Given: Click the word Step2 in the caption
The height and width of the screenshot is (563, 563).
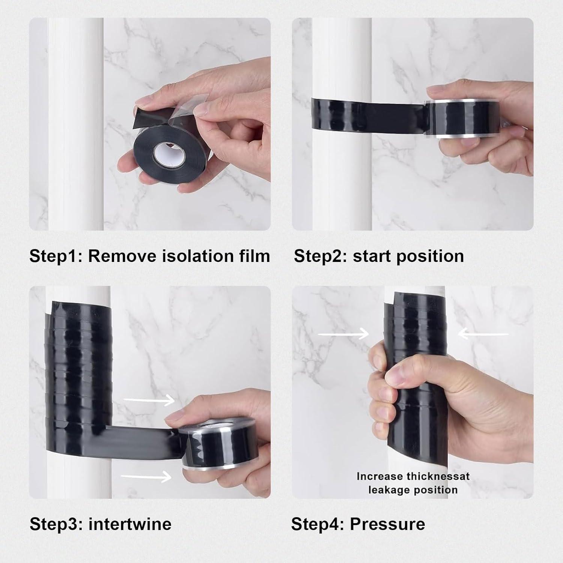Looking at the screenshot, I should (320, 256).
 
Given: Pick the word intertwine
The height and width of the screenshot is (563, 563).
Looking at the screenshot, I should (130, 524).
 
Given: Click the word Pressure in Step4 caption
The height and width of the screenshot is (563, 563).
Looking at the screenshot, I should (387, 524).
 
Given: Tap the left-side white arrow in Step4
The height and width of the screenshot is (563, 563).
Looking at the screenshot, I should (343, 333).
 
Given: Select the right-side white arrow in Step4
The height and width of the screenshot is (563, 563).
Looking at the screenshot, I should (483, 333).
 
